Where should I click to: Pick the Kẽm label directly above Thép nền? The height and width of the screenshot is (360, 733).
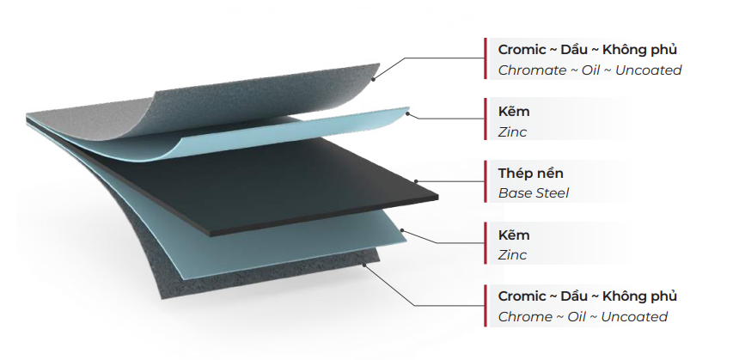pyautogui.click(x=514, y=112)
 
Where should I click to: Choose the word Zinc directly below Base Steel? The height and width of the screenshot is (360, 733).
pyautogui.click(x=512, y=255)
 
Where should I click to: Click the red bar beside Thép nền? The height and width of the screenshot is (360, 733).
pyautogui.click(x=486, y=181)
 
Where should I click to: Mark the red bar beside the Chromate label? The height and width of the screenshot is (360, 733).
pyautogui.click(x=486, y=58)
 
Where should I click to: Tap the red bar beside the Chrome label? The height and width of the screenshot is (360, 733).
pyautogui.click(x=486, y=306)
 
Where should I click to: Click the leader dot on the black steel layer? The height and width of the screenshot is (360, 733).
pyautogui.click(x=416, y=181)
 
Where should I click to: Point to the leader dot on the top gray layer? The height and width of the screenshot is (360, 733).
pyautogui.click(x=373, y=80)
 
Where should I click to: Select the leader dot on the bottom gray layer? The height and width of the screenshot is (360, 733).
pyautogui.click(x=364, y=265)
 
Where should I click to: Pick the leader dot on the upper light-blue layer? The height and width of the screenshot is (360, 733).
pyautogui.click(x=407, y=113)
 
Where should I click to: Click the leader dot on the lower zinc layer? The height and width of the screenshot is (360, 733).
pyautogui.click(x=402, y=230)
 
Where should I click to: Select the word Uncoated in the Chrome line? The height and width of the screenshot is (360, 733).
pyautogui.click(x=634, y=317)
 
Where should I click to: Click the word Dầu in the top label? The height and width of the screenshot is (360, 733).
pyautogui.click(x=573, y=50)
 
